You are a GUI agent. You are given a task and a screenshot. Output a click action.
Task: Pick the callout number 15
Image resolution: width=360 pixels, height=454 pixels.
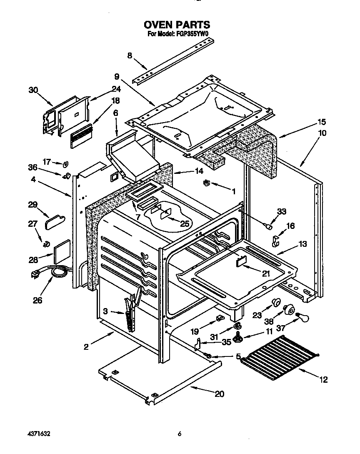pyautogui.click(x=322, y=122)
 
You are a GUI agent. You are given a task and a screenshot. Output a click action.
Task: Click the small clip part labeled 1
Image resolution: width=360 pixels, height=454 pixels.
pyautogui.click(x=207, y=183)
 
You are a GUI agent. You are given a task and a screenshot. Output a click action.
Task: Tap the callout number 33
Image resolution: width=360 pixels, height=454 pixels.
pyautogui.click(x=282, y=212)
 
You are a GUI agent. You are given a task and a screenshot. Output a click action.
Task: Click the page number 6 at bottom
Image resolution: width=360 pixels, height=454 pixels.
pyautogui.click(x=180, y=434)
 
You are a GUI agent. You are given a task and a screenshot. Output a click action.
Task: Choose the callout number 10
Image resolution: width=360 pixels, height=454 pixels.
pyautogui.click(x=323, y=133)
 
